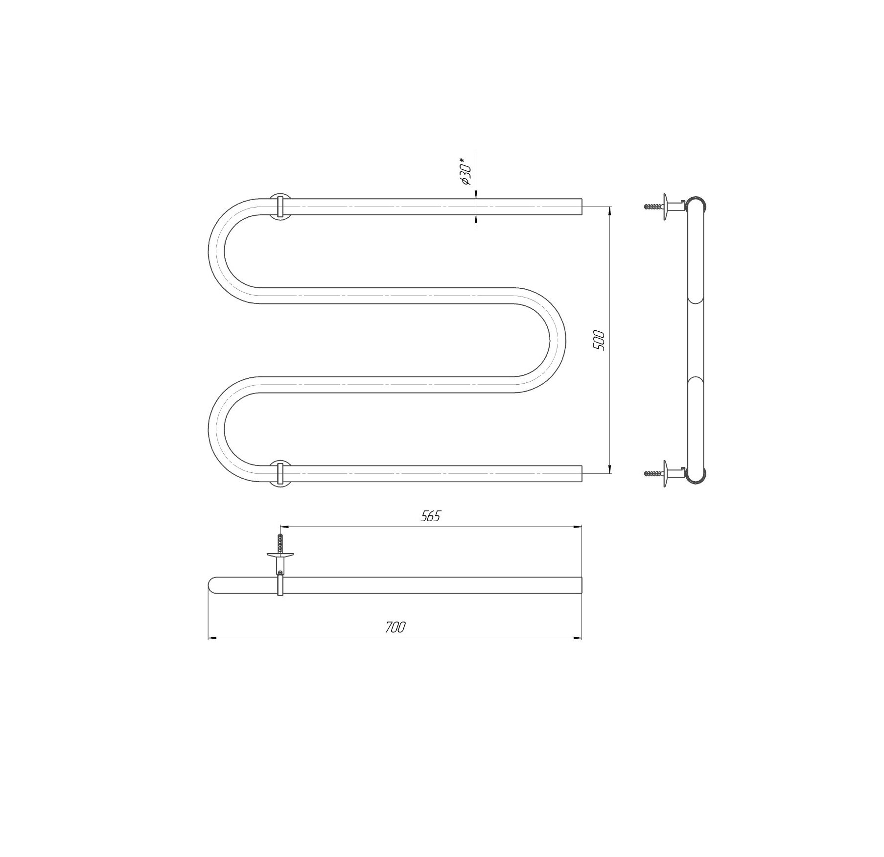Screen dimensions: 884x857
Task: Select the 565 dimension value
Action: (431, 516)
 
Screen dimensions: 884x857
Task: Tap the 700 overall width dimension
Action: (395, 627)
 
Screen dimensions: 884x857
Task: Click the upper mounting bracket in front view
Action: (279, 207)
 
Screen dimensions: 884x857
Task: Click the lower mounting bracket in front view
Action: (279, 473)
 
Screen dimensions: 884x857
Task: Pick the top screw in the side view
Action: (653, 207)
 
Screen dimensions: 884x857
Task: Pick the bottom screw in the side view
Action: (653, 473)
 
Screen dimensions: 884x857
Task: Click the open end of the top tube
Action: (582, 207)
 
